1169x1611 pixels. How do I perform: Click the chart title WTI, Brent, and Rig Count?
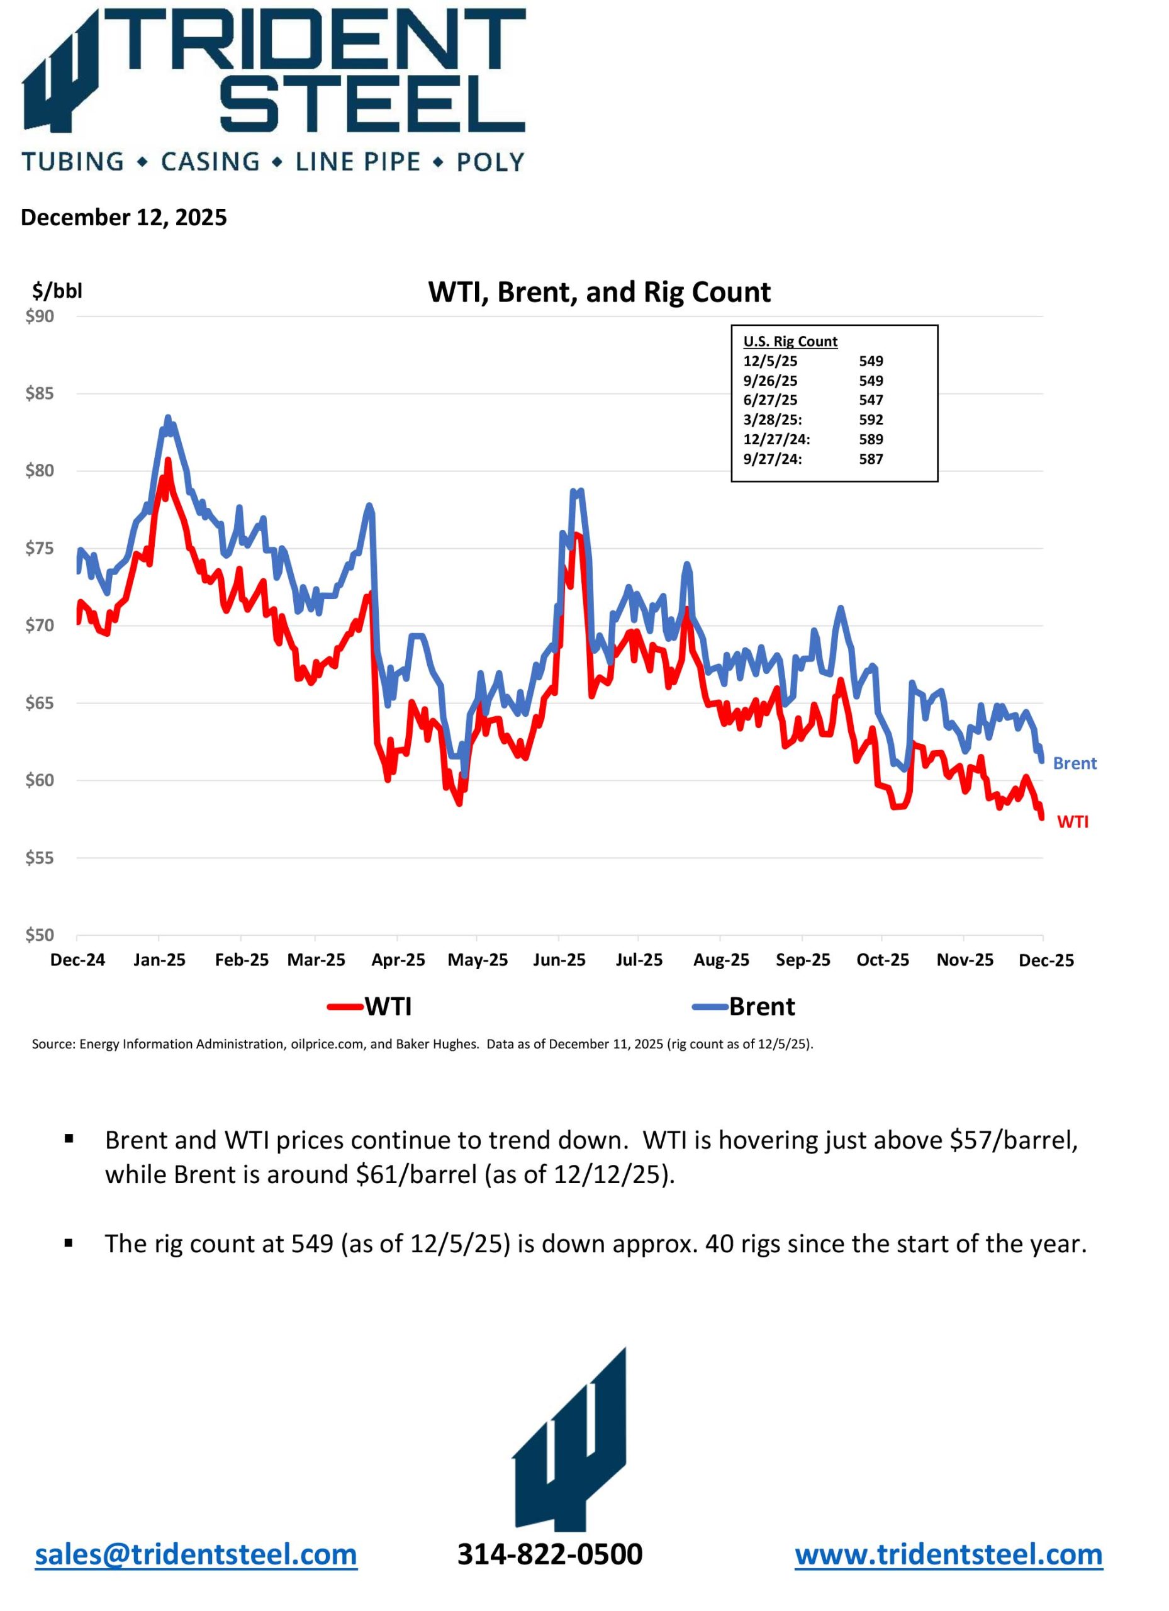pyautogui.click(x=599, y=293)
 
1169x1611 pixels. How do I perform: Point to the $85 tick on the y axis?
pyautogui.click(x=40, y=393)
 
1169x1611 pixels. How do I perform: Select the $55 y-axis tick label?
pyautogui.click(x=40, y=858)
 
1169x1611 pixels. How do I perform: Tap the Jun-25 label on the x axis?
pyautogui.click(x=559, y=960)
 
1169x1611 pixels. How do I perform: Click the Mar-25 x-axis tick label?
pyautogui.click(x=316, y=960)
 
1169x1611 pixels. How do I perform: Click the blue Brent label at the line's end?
pyautogui.click(x=1074, y=763)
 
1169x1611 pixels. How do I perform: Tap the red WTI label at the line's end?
pyautogui.click(x=1072, y=822)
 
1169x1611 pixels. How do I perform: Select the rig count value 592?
pyautogui.click(x=871, y=420)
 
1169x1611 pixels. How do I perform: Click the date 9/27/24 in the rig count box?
pyautogui.click(x=772, y=459)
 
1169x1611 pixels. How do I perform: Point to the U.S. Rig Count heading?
pyautogui.click(x=790, y=342)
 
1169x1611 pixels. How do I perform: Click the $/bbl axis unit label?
pyautogui.click(x=57, y=291)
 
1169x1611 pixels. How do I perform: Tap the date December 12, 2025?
pyautogui.click(x=123, y=217)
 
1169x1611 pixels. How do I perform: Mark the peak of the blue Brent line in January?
pyautogui.click(x=167, y=418)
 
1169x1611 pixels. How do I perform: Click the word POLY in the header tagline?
pyautogui.click(x=490, y=162)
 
